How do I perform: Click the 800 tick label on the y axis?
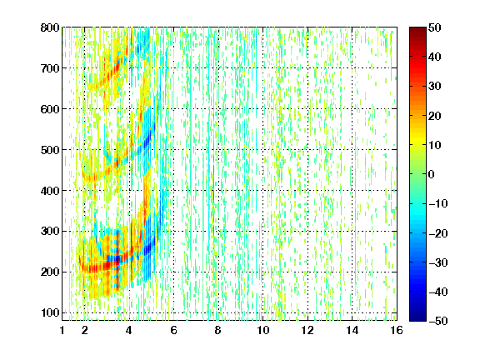[50, 27]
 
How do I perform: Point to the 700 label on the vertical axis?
[50, 68]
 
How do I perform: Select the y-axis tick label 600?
[50, 109]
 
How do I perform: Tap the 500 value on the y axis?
[50, 150]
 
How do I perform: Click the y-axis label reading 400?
[50, 191]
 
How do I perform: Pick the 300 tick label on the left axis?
[50, 232]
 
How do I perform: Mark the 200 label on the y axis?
[50, 272]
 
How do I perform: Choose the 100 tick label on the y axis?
[50, 312]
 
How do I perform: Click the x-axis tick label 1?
[62, 330]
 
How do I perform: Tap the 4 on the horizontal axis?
[129, 330]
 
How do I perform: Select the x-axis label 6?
[173, 330]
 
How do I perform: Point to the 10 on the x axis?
[262, 330]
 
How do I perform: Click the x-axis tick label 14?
[352, 330]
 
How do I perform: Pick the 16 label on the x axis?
[397, 330]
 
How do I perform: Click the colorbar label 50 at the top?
[435, 27]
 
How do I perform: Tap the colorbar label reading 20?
[435, 116]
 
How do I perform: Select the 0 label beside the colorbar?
[432, 174]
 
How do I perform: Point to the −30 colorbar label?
[438, 262]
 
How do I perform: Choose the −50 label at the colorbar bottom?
[438, 321]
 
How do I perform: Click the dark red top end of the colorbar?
[417, 30]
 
